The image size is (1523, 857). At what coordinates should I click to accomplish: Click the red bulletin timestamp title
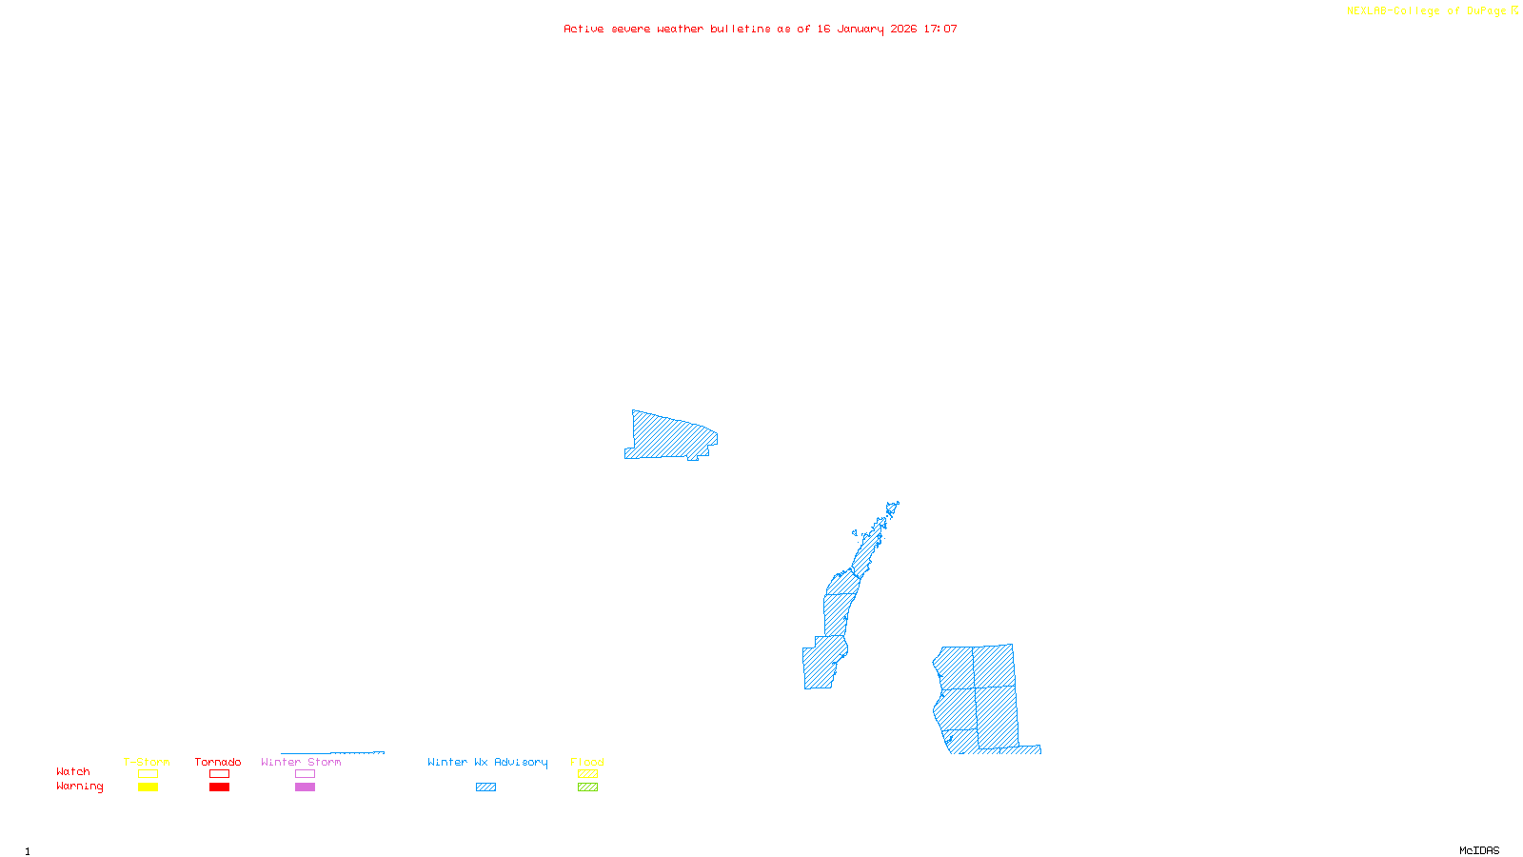coord(761,29)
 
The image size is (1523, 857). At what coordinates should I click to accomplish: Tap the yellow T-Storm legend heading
coord(147,762)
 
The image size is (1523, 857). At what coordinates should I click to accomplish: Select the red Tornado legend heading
coord(218,762)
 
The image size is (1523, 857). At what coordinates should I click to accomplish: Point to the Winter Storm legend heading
coord(301,762)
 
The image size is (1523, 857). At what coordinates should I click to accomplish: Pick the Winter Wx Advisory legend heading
coord(487,762)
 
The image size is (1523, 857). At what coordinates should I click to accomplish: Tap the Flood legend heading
coord(587,762)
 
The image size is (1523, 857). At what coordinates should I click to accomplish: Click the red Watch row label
coord(73,771)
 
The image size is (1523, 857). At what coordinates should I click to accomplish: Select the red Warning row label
coord(80,787)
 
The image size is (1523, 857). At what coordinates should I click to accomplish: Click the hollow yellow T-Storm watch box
coord(148,774)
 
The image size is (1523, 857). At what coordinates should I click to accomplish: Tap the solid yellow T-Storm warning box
coord(148,787)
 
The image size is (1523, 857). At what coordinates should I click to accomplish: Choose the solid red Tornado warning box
coord(219,787)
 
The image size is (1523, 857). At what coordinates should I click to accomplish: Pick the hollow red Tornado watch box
coord(219,774)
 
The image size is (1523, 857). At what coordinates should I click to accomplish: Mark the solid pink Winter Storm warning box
coord(305,787)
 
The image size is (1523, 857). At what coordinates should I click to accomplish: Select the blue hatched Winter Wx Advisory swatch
coord(485,787)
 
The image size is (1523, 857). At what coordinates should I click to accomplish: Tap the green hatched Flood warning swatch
coord(587,787)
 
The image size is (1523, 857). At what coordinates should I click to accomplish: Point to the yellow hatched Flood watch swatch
coord(587,774)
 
